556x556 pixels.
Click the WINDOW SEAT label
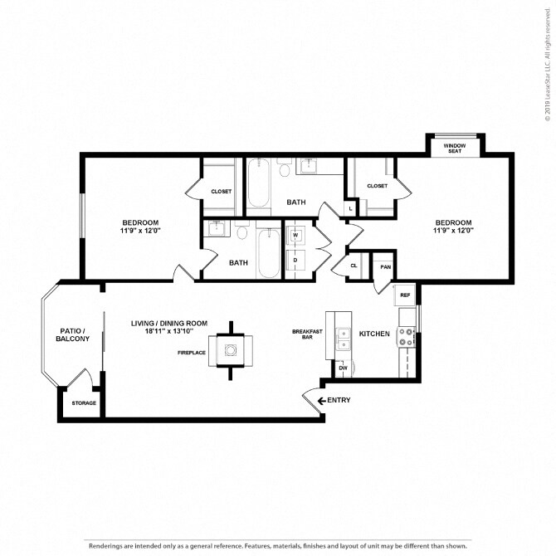point(455,149)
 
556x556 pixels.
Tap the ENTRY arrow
point(322,401)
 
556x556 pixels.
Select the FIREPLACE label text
point(192,353)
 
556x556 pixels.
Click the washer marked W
point(295,236)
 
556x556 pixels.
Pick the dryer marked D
point(295,261)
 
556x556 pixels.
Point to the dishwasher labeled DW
point(343,368)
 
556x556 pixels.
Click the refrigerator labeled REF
point(405,295)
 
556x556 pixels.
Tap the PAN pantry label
point(385,267)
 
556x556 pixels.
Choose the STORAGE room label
point(84,403)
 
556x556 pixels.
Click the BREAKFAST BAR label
point(307,334)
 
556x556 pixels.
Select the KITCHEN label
point(374,334)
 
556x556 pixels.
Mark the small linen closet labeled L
point(351,209)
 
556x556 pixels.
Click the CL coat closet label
point(354,266)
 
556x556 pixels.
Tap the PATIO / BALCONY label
point(73,335)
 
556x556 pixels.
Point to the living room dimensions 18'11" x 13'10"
point(168,332)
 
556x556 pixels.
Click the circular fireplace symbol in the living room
point(231,350)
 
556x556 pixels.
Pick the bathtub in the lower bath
point(269,253)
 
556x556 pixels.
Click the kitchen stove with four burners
point(407,337)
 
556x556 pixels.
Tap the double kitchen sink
point(343,339)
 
